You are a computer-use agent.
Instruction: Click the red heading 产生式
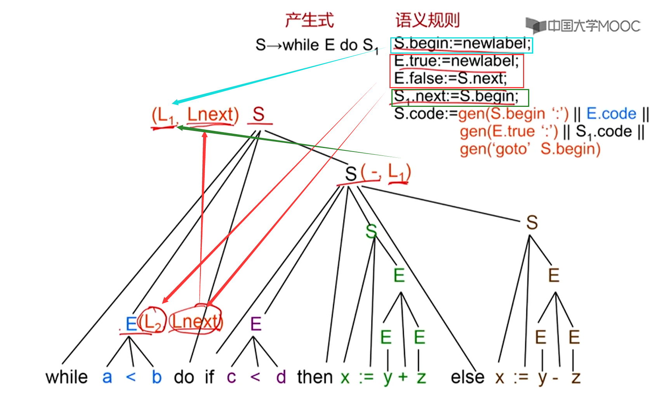click(x=309, y=20)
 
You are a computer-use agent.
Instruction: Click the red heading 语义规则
click(x=427, y=20)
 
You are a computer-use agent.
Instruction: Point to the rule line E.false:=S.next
click(x=450, y=79)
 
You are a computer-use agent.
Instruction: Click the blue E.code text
click(x=611, y=113)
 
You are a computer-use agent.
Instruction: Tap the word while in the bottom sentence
click(x=67, y=377)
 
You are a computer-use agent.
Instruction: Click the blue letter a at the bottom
click(x=107, y=377)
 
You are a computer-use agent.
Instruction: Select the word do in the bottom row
click(x=184, y=377)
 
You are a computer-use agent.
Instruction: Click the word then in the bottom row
click(x=315, y=377)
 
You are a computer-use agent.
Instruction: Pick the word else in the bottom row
click(x=467, y=377)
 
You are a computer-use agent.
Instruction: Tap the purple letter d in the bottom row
click(x=281, y=377)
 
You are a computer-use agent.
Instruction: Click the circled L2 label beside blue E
click(x=153, y=322)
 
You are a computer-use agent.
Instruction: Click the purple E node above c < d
click(x=255, y=324)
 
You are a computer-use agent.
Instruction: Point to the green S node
click(x=371, y=232)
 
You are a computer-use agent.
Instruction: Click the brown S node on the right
click(x=532, y=223)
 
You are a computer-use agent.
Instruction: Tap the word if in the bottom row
click(x=209, y=377)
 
